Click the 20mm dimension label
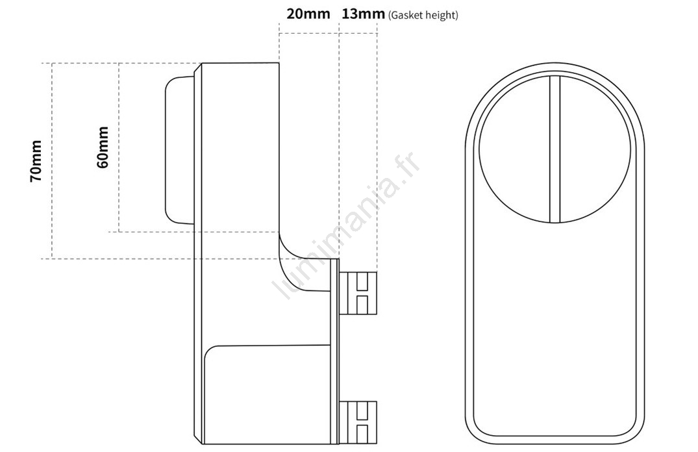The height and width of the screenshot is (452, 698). click(x=308, y=14)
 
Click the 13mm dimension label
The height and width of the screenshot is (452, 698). click(x=363, y=14)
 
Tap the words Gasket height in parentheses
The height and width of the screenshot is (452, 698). click(x=423, y=16)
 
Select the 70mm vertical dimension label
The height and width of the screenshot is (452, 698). click(x=36, y=161)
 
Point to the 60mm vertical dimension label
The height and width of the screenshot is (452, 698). click(x=103, y=147)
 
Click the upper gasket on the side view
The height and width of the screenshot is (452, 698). click(x=358, y=293)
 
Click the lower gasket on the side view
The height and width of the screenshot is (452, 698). click(x=358, y=422)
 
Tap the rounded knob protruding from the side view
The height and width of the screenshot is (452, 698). click(x=179, y=150)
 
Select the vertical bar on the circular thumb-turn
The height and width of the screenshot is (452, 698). click(x=555, y=149)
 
